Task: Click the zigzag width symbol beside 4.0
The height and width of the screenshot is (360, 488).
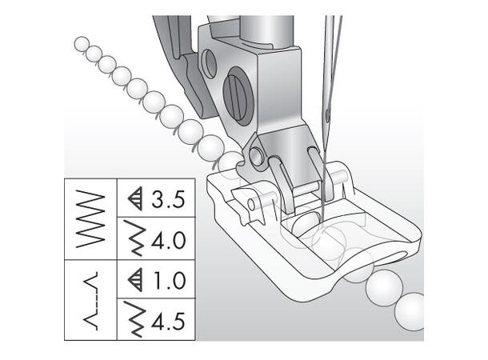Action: [135, 238]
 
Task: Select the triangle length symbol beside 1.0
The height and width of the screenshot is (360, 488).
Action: [135, 280]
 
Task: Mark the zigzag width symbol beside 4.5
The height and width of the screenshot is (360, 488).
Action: [135, 321]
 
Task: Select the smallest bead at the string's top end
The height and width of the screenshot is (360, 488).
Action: [81, 44]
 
